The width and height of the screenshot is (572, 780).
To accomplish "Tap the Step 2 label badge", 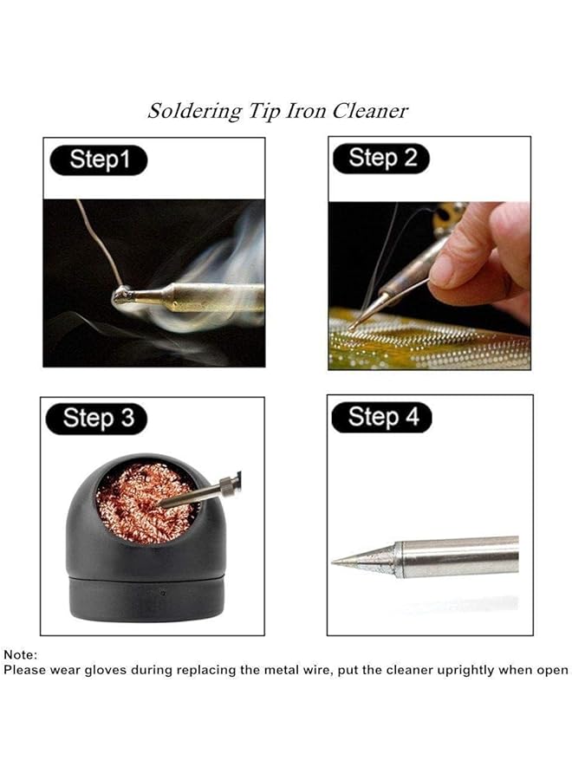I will [382, 158].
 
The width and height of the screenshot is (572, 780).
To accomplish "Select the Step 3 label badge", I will [98, 419].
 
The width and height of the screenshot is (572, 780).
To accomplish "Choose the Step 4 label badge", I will [382, 417].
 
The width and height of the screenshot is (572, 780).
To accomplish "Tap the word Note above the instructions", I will [20, 655].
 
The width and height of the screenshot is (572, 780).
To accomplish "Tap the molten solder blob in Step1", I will [121, 297].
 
